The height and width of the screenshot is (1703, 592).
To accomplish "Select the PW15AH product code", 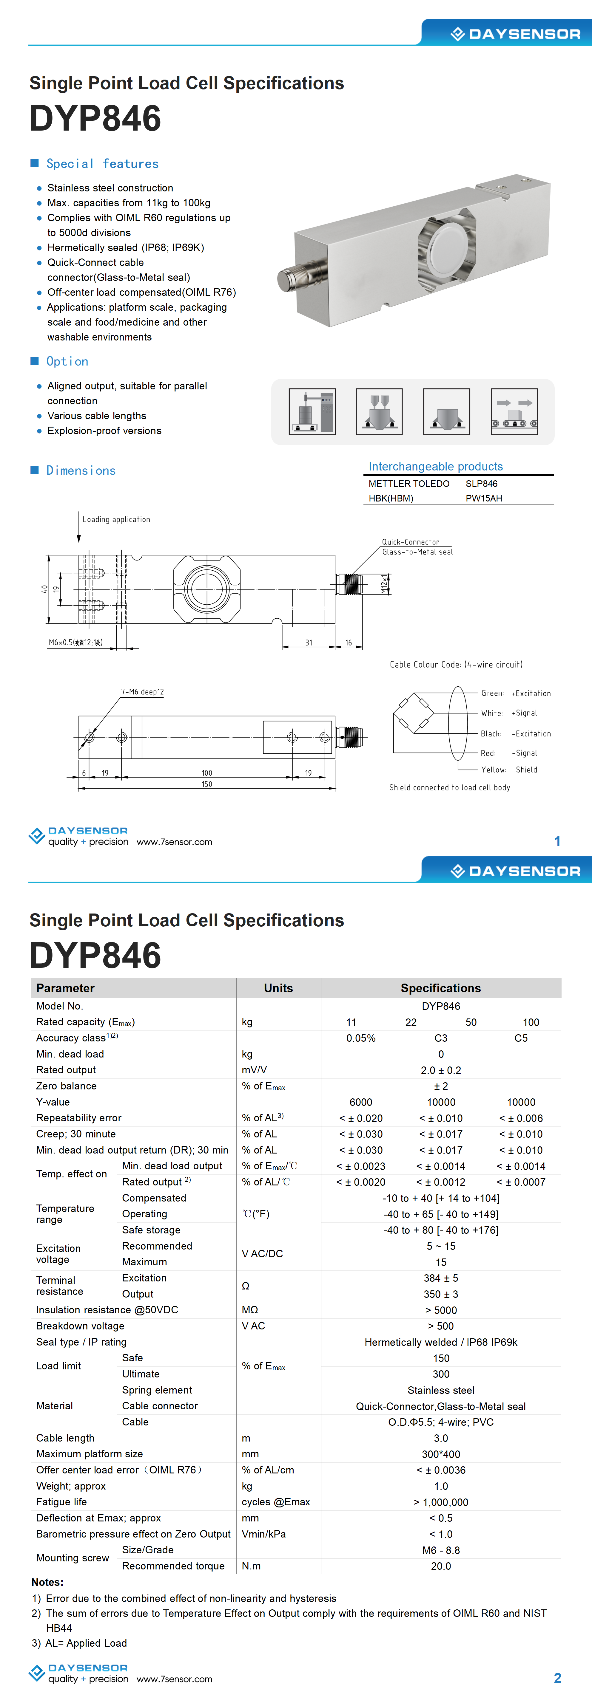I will tap(483, 498).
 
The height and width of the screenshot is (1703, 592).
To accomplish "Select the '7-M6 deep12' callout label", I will tap(142, 691).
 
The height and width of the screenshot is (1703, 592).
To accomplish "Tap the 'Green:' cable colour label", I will tap(492, 693).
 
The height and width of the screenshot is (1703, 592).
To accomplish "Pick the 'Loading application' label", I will tap(116, 519).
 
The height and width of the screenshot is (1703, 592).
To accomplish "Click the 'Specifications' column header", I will tap(440, 988).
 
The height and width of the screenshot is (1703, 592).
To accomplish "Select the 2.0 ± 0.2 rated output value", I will tap(440, 1070).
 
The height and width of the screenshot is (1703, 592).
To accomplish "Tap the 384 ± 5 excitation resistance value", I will tap(440, 1278).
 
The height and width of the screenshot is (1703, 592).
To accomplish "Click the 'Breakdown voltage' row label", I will tap(80, 1326).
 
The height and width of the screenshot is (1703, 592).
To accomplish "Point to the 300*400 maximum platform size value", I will tap(440, 1454).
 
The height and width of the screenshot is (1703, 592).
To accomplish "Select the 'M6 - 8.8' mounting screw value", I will tap(440, 1550).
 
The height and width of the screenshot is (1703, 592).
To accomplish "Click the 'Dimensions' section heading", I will tap(81, 470).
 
